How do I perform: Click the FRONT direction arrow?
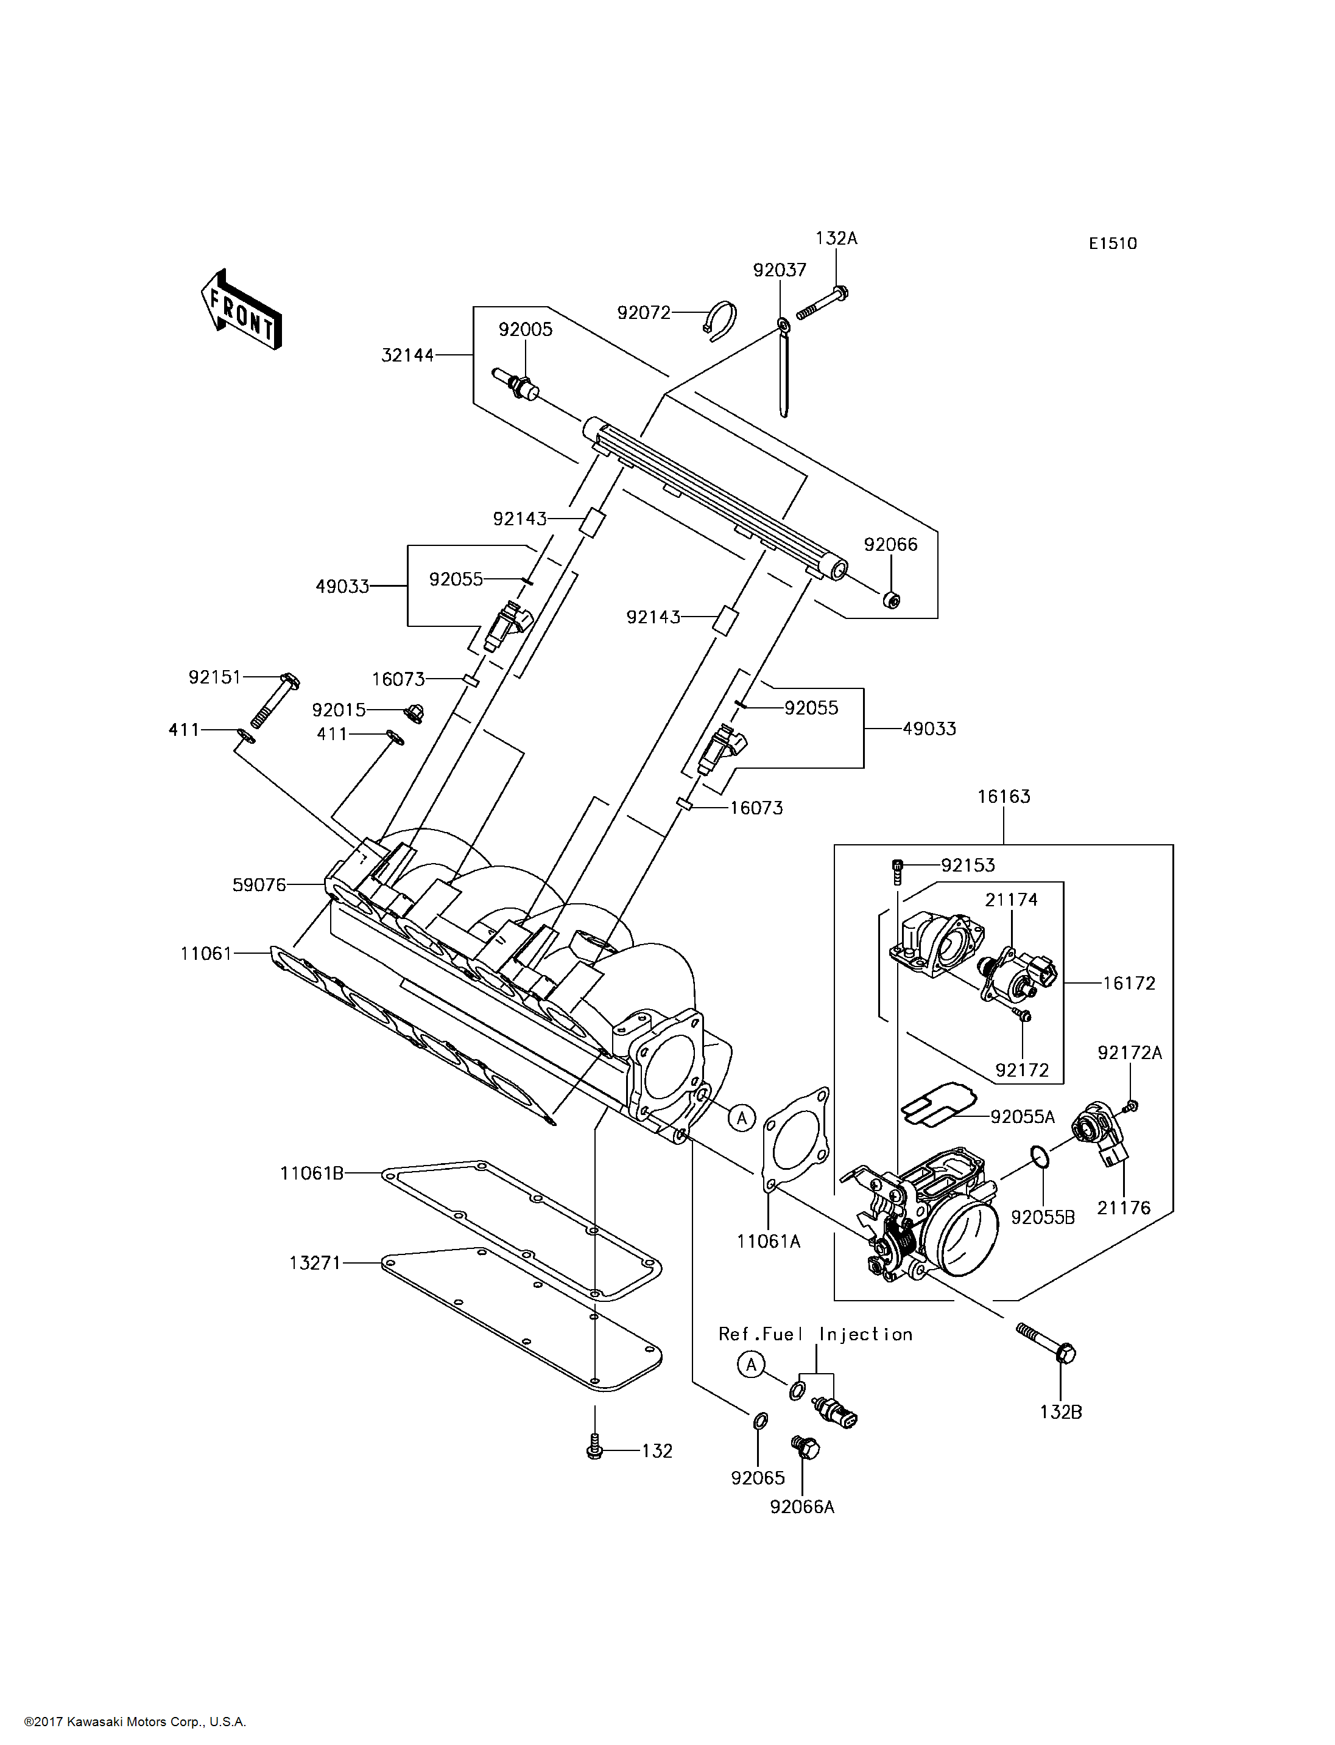[x=241, y=310]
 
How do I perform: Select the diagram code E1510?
[x=1113, y=244]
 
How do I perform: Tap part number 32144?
[x=407, y=355]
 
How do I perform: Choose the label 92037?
[x=780, y=270]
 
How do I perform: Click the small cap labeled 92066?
[x=892, y=600]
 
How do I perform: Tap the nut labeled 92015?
[x=414, y=713]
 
